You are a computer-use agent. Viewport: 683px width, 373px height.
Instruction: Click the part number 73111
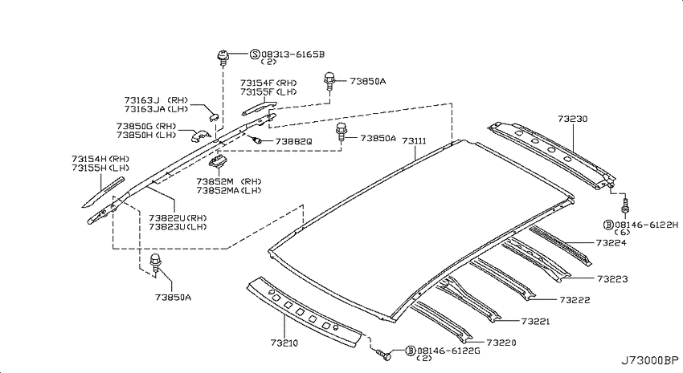[x=414, y=141]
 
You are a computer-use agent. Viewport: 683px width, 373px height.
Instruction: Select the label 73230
[x=572, y=119]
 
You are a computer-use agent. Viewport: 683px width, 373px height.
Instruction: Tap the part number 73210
[x=284, y=343]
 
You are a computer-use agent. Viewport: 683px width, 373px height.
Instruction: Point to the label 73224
[x=611, y=242]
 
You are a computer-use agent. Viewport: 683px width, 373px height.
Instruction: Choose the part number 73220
[x=501, y=343]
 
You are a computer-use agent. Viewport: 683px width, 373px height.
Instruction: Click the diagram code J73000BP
[x=650, y=360]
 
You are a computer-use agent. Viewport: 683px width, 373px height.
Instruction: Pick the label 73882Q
[x=293, y=142]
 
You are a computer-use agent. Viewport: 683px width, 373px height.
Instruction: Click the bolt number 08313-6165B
[x=293, y=55]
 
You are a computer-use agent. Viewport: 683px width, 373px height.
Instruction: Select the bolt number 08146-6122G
[x=448, y=351]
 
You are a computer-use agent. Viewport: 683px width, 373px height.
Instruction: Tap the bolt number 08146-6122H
[x=646, y=225]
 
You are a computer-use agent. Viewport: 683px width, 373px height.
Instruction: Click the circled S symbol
[x=255, y=55]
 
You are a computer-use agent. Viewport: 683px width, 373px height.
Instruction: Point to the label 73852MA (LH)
[x=229, y=190]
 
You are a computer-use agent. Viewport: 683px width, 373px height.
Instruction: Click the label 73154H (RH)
[x=100, y=159]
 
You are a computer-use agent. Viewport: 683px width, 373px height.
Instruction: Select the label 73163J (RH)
[x=156, y=100]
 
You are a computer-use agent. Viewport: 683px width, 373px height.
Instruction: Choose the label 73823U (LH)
[x=178, y=227]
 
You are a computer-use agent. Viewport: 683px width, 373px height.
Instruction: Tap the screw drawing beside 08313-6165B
[x=223, y=59]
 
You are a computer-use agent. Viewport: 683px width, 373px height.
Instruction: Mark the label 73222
[x=575, y=300]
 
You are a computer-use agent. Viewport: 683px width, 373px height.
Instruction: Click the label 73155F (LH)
[x=268, y=91]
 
